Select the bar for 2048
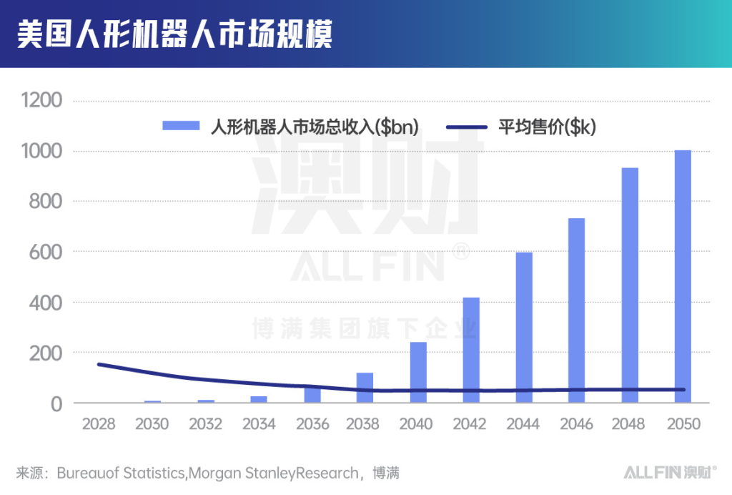tap(630, 286)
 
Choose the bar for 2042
tap(471, 351)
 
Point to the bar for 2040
tap(418, 373)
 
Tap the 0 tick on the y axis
tap(58, 404)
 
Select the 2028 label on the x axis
tap(99, 424)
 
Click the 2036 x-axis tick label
tap(312, 424)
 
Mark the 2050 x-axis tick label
tap(683, 424)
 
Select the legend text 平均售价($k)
tap(547, 127)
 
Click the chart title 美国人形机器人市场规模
tap(174, 34)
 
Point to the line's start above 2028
tap(99, 365)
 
